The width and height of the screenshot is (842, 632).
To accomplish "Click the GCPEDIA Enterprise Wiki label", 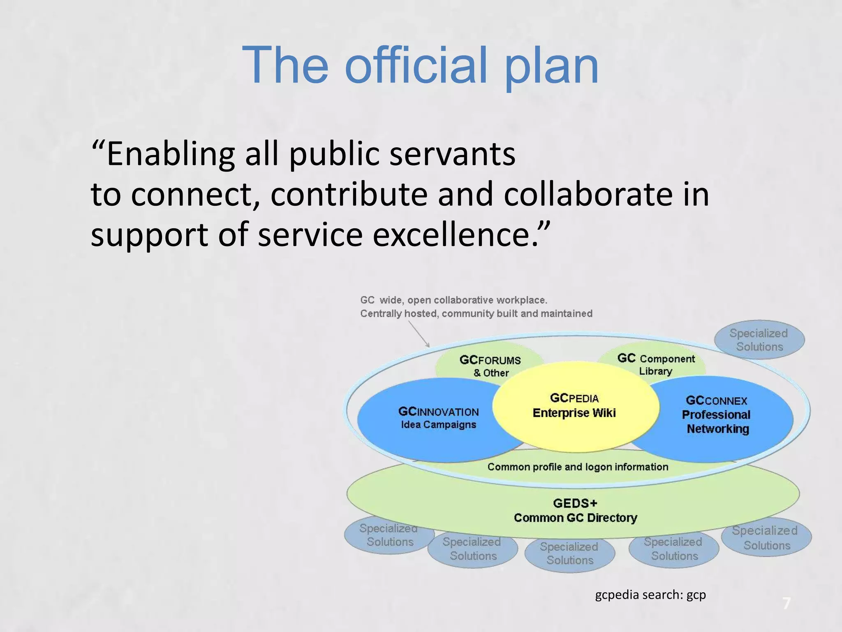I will pos(574,406).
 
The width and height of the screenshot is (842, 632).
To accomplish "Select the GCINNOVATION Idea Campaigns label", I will pos(439,418).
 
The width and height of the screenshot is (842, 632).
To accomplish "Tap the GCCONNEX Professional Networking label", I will pos(716,415).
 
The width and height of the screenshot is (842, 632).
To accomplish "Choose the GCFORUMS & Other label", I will pos(490,366).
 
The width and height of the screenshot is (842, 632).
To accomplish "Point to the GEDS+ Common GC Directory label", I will pos(575,511).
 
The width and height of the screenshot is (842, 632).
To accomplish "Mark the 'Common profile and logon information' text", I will pos(578,467).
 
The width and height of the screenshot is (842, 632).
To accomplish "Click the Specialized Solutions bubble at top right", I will pos(759,340).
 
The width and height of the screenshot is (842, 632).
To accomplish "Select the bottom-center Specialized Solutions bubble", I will pos(570,553).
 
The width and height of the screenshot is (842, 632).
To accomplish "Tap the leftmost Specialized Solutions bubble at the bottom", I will pos(389,535).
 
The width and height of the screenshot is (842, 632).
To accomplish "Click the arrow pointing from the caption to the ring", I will pos(419,334).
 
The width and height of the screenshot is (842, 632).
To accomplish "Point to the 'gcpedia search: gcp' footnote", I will pos(650,595).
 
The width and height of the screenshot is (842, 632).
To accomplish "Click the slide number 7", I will pos(786,604).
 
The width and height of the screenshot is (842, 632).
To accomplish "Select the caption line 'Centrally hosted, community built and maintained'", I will pos(476,314).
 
